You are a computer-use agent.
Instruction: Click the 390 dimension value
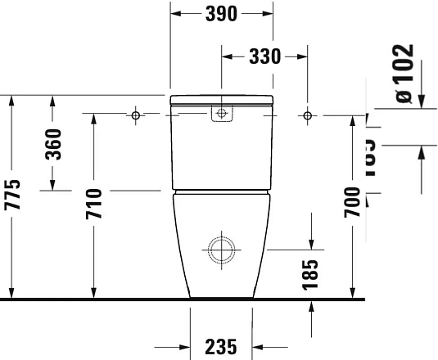[221, 13]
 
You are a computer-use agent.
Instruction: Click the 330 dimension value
[264, 56]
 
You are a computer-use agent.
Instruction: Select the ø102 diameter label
[403, 73]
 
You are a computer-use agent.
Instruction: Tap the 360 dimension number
[53, 145]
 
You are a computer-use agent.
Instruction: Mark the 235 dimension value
[220, 345]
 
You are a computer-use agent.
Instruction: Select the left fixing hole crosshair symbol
[137, 115]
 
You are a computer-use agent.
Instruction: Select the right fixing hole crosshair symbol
[307, 115]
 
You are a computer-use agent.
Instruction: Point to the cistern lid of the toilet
[220, 100]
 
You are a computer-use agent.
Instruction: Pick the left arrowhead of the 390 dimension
[174, 13]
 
